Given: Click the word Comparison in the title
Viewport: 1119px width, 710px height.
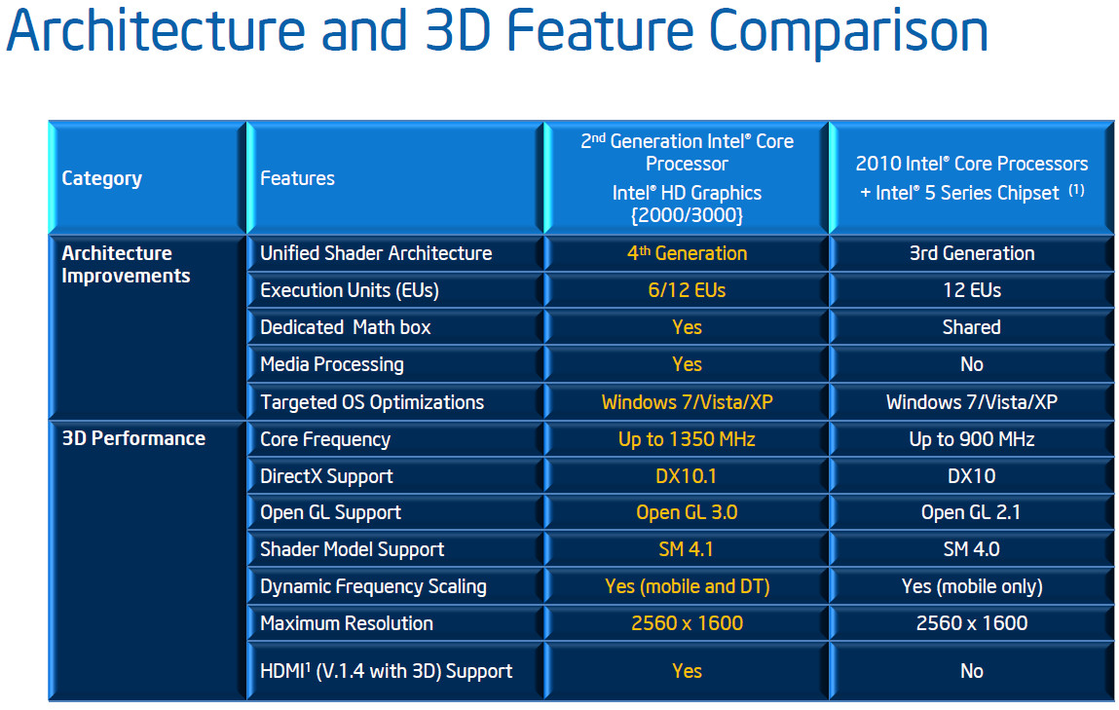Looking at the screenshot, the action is [848, 32].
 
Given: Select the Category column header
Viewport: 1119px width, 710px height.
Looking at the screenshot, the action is [101, 178].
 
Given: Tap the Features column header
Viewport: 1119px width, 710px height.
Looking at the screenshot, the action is [297, 178].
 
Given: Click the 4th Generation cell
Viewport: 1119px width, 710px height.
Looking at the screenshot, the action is [687, 253].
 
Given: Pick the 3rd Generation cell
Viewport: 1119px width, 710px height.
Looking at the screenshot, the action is [971, 253].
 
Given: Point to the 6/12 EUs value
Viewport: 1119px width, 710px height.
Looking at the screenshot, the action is [687, 290].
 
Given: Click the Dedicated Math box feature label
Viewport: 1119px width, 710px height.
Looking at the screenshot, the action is [346, 327].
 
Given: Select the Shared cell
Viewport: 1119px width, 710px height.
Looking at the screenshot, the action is [971, 327].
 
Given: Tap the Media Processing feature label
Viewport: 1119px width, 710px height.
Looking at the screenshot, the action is [332, 364].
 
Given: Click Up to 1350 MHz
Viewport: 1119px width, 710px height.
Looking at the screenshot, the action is [687, 439].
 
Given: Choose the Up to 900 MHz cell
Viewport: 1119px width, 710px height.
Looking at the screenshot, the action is [971, 439].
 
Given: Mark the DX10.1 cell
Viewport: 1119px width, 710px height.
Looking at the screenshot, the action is [686, 476].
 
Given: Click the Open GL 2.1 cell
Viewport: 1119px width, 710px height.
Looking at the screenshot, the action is [971, 512].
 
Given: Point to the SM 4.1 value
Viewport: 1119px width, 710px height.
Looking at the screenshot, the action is [686, 549].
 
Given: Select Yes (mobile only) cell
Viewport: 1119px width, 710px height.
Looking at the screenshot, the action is [972, 586].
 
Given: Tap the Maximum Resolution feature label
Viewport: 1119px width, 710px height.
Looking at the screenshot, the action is [346, 623].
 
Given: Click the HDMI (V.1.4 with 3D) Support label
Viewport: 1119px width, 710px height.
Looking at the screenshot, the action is [386, 671].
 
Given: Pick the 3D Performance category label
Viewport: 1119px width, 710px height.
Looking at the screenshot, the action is [133, 438].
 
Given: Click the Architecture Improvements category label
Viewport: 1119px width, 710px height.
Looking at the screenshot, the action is [126, 265].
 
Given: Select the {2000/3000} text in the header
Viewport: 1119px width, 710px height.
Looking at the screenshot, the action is [687, 215].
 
